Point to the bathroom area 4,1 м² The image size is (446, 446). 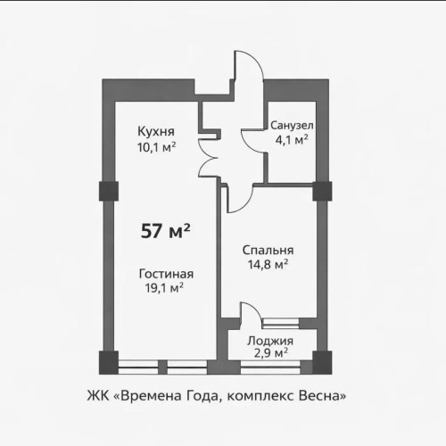[x=290, y=140]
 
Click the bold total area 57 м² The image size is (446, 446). [x=167, y=231]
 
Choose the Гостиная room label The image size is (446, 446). [x=166, y=273]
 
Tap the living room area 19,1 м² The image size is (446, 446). [x=165, y=287]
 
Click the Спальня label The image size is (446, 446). [x=268, y=251]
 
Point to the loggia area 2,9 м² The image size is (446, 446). [x=268, y=353]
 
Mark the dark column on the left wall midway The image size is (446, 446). [x=105, y=191]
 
